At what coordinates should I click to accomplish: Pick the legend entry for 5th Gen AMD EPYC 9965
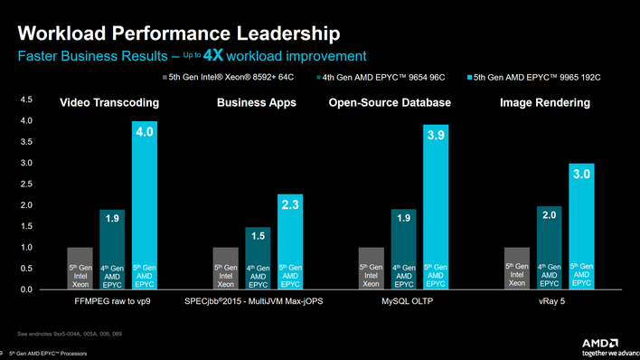coord(539,79)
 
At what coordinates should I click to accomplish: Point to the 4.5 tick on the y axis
coord(25,99)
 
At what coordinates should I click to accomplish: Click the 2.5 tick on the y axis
coord(25,184)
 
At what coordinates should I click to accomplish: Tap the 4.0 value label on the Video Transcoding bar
coord(145,133)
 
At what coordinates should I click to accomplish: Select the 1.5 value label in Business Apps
coord(258,236)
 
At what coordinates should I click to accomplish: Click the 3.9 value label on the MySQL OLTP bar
coord(436,136)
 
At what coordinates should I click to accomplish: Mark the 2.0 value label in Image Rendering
coord(549,215)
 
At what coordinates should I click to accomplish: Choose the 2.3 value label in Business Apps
coord(290,206)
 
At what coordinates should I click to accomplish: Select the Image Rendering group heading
coord(544,103)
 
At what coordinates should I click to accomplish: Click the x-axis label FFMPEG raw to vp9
coord(112,302)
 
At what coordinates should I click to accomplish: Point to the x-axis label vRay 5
coord(549,302)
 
